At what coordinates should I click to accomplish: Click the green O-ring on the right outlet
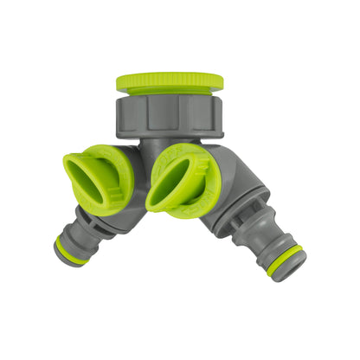coord(285,259)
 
